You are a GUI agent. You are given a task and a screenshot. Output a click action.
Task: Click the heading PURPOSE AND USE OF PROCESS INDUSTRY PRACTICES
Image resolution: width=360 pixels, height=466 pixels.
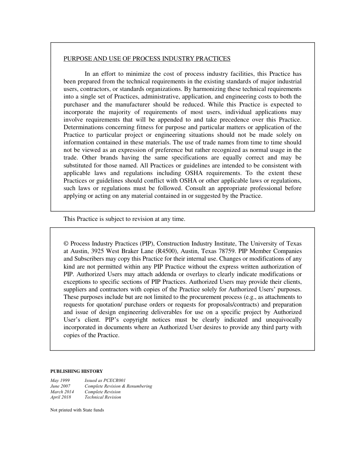tap(147, 59)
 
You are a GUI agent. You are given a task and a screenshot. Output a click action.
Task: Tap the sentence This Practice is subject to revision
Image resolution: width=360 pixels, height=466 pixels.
tap(124, 219)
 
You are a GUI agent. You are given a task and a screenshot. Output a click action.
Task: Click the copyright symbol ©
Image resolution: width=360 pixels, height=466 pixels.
tap(66, 244)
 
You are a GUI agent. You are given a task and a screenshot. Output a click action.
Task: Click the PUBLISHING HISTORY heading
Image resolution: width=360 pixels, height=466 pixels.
tap(77, 371)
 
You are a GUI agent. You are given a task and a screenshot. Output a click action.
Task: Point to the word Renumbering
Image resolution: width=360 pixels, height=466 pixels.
tap(139, 386)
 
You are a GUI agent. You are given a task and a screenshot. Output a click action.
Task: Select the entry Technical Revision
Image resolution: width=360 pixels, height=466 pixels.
tap(103, 397)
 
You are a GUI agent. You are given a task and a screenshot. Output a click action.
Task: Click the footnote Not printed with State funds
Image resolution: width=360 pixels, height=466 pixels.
tap(77, 410)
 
